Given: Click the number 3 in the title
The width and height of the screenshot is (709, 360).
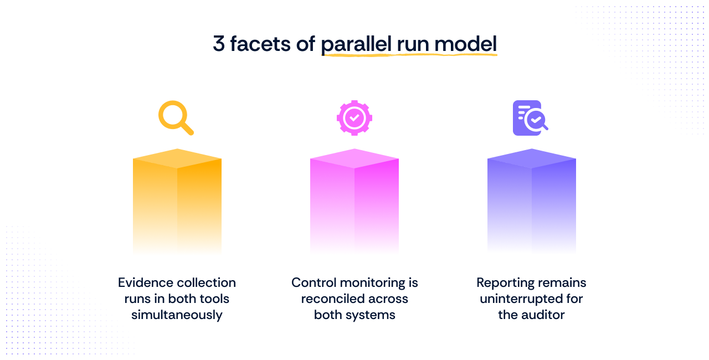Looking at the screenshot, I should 219,44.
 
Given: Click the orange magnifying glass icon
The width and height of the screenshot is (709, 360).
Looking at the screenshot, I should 175,117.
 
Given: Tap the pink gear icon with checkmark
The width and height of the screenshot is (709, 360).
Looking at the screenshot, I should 354,117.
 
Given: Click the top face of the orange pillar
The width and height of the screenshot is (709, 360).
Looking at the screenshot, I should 177,158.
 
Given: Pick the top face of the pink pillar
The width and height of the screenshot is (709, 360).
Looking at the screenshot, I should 354,158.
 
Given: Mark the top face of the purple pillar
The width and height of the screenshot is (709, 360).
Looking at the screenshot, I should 532,158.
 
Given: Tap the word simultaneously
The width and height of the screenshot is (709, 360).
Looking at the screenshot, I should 177,315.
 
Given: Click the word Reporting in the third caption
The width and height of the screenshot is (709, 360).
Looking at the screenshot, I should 502,282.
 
